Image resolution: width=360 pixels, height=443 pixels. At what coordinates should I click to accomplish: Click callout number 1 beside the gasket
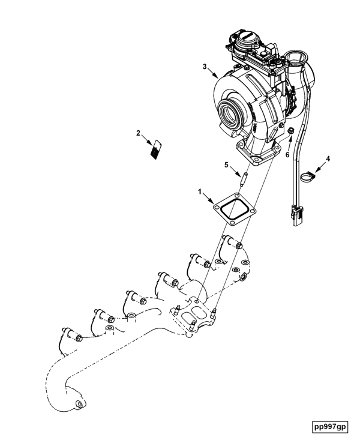tap(200, 192)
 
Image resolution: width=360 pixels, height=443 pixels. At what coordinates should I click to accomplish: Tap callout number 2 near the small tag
tap(138, 133)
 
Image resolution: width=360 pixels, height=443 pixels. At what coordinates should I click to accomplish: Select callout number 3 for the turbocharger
tap(205, 67)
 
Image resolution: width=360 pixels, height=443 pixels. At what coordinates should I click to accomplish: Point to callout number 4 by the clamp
tap(328, 159)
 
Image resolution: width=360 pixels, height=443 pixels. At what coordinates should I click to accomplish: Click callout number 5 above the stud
tap(226, 164)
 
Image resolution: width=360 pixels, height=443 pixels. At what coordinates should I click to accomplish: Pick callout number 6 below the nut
tap(287, 155)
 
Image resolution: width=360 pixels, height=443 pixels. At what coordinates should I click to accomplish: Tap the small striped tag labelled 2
tap(156, 149)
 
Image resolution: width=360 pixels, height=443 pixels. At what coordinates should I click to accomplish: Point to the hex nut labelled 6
tap(291, 131)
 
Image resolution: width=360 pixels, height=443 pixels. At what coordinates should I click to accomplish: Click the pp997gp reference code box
tap(330, 426)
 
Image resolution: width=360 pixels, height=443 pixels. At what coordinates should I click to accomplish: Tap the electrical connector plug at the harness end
tap(298, 217)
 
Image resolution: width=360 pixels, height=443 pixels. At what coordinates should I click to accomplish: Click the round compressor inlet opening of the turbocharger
tap(231, 113)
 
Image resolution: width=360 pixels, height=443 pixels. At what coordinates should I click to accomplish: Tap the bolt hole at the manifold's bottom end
tap(79, 404)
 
